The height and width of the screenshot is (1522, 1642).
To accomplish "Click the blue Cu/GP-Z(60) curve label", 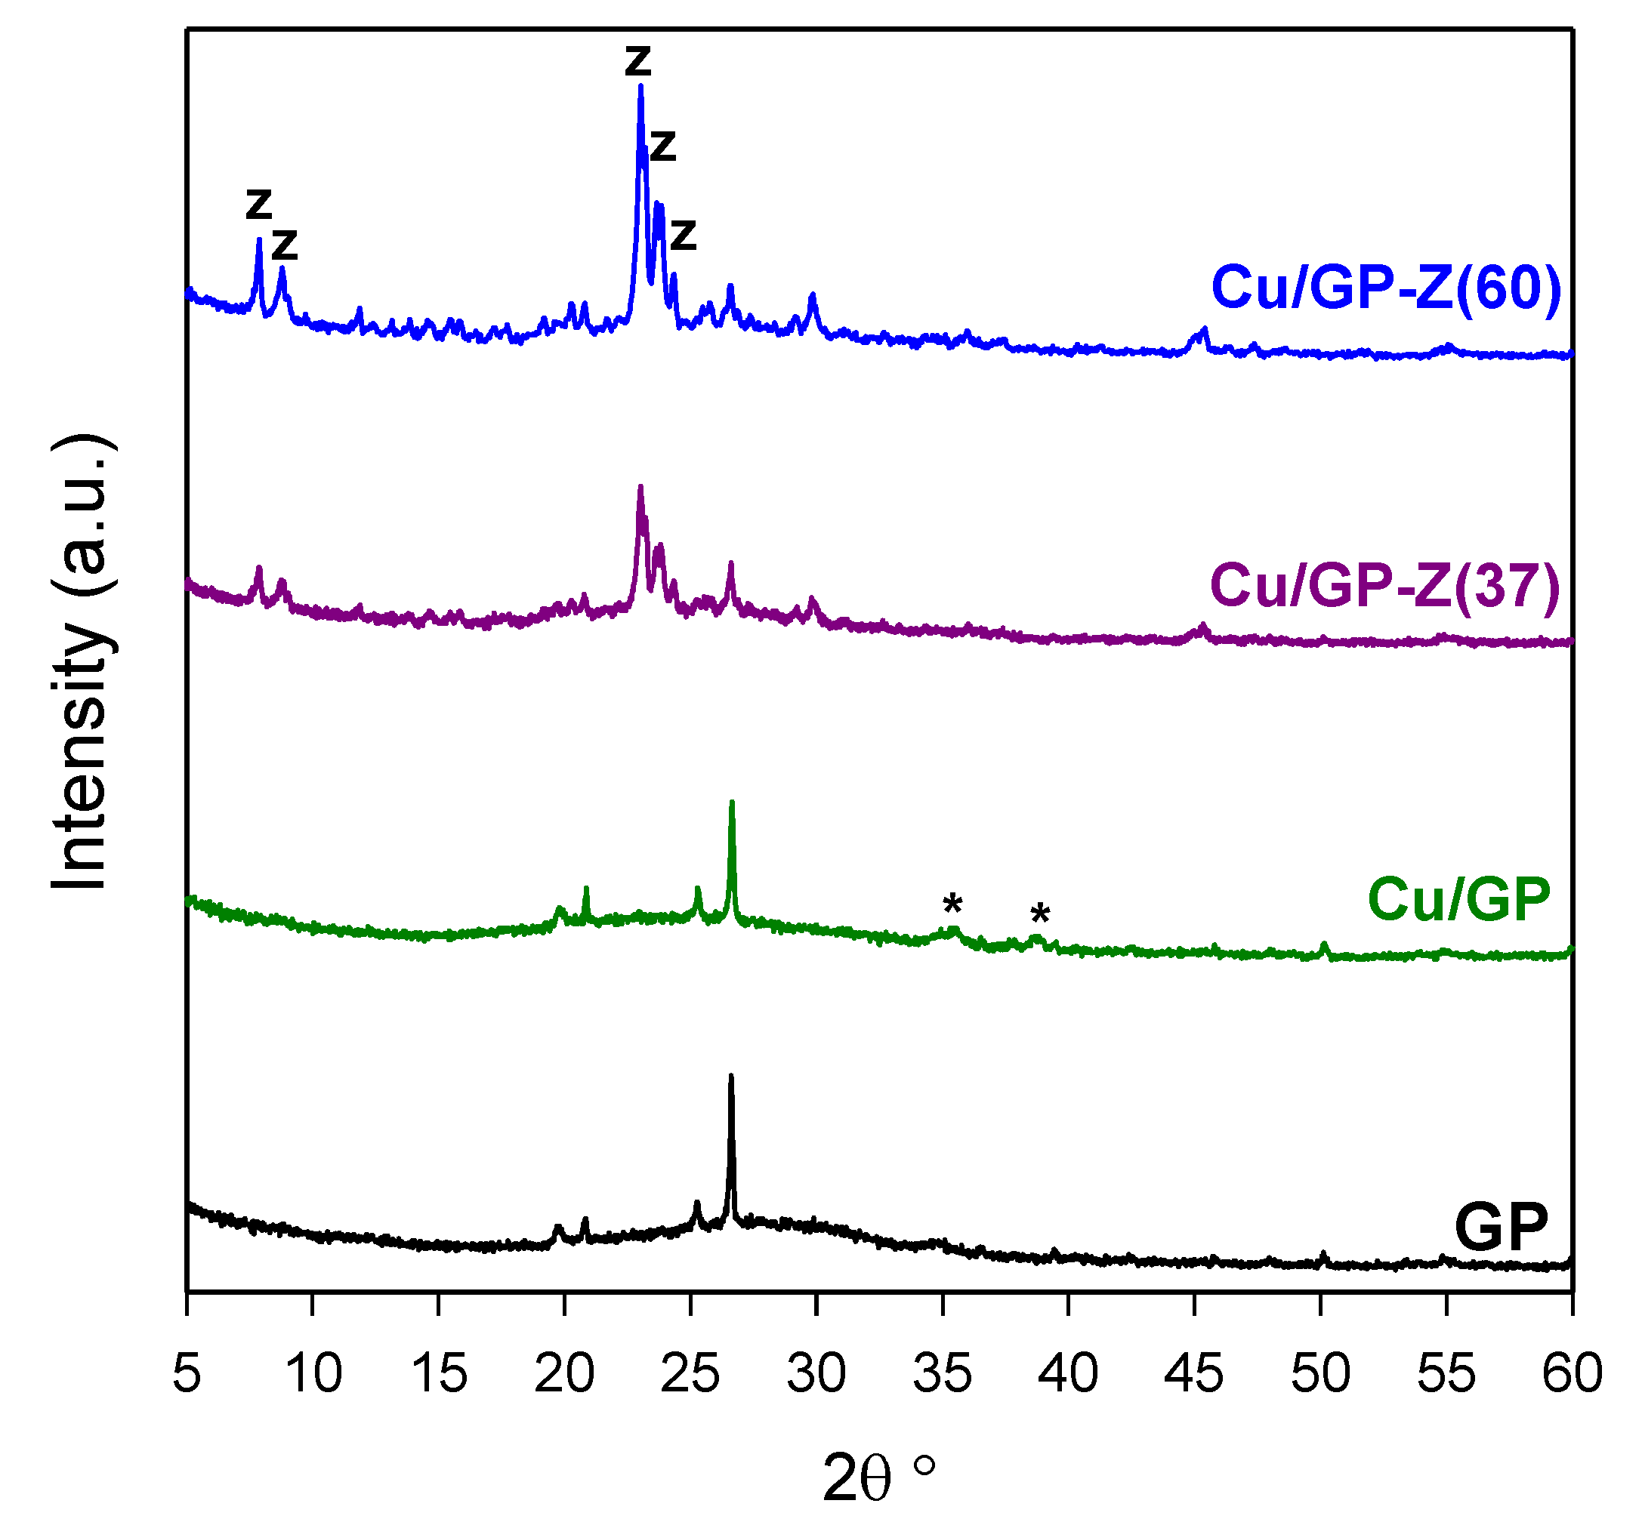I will pyautogui.click(x=1385, y=288).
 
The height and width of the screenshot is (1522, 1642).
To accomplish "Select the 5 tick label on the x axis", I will pyautogui.click(x=187, y=1373).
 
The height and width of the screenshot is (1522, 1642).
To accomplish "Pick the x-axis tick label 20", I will pyautogui.click(x=564, y=1373).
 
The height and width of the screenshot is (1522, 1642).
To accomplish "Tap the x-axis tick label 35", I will pyautogui.click(x=942, y=1373).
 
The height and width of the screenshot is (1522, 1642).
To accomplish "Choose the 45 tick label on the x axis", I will pyautogui.click(x=1194, y=1373).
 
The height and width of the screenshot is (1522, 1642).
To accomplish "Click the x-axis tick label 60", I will pyautogui.click(x=1571, y=1373).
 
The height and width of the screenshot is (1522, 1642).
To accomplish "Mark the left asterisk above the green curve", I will pyautogui.click(x=952, y=904).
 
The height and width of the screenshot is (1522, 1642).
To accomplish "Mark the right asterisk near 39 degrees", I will pyautogui.click(x=1040, y=914).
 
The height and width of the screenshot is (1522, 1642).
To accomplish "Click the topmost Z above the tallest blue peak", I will pyautogui.click(x=637, y=61).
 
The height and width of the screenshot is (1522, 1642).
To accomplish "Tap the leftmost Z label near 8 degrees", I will pyautogui.click(x=259, y=203).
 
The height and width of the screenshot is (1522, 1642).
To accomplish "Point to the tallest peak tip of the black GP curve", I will pyautogui.click(x=730, y=1076).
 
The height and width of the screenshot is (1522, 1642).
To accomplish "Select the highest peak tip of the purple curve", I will pyautogui.click(x=640, y=487).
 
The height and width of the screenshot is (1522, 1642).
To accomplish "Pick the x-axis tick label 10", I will pyautogui.click(x=313, y=1373).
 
